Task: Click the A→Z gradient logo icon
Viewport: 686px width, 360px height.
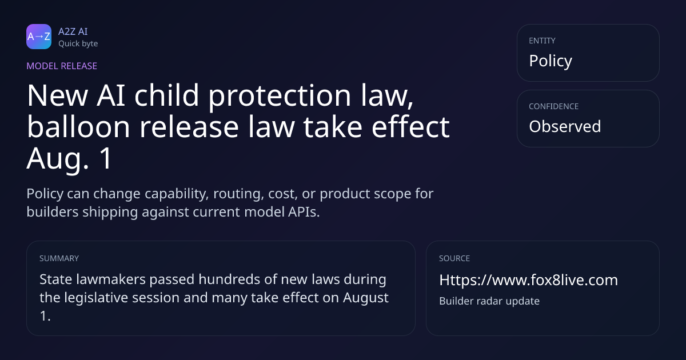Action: point(39,37)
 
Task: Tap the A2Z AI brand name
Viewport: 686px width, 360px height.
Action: point(73,31)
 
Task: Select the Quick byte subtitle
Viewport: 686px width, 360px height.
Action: point(78,44)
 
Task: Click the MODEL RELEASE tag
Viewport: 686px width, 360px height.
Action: point(62,66)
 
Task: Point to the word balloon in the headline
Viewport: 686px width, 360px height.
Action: point(78,127)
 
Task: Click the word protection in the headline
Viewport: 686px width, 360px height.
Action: point(280,96)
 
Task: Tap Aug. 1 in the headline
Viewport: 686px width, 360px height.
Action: point(70,159)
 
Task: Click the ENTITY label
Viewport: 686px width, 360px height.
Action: point(542,41)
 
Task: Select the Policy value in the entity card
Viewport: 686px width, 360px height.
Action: point(551,61)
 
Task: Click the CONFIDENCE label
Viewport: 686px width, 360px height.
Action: point(554,106)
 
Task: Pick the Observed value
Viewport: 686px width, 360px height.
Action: point(565,126)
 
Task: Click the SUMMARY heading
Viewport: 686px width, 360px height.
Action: point(59,258)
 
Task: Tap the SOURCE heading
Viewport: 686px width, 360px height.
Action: point(454,258)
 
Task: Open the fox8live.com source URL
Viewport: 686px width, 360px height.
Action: point(529,280)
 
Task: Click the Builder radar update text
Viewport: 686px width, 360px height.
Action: point(489,301)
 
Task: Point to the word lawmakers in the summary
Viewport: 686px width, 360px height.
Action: point(111,279)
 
